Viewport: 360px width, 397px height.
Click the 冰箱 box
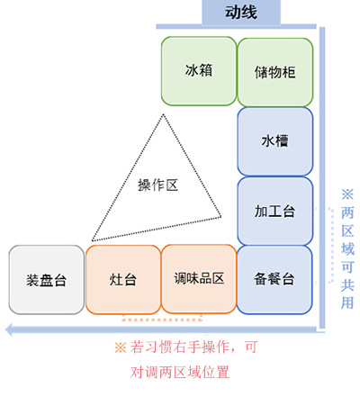(199, 71)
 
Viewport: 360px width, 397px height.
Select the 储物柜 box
(275, 72)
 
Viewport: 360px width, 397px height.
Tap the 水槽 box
(275, 141)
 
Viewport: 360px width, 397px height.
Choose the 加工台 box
(275, 211)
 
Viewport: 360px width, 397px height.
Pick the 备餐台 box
(274, 280)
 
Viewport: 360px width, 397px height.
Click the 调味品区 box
(199, 279)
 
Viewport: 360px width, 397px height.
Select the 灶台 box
(123, 280)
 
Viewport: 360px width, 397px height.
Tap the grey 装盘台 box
(47, 280)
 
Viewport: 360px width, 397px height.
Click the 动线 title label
(241, 13)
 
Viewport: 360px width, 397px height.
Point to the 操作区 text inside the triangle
(157, 185)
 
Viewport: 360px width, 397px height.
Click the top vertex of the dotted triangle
(163, 114)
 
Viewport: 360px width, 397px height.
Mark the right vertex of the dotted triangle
(220, 216)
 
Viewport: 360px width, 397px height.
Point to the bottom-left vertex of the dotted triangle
(93, 240)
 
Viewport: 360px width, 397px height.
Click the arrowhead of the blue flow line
(9, 329)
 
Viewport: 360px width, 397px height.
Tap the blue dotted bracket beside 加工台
(332, 245)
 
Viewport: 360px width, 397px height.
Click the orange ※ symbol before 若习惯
(121, 347)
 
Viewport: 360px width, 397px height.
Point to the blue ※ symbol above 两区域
(347, 194)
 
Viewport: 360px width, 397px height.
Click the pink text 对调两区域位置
(180, 373)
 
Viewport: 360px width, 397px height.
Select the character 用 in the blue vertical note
(347, 302)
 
